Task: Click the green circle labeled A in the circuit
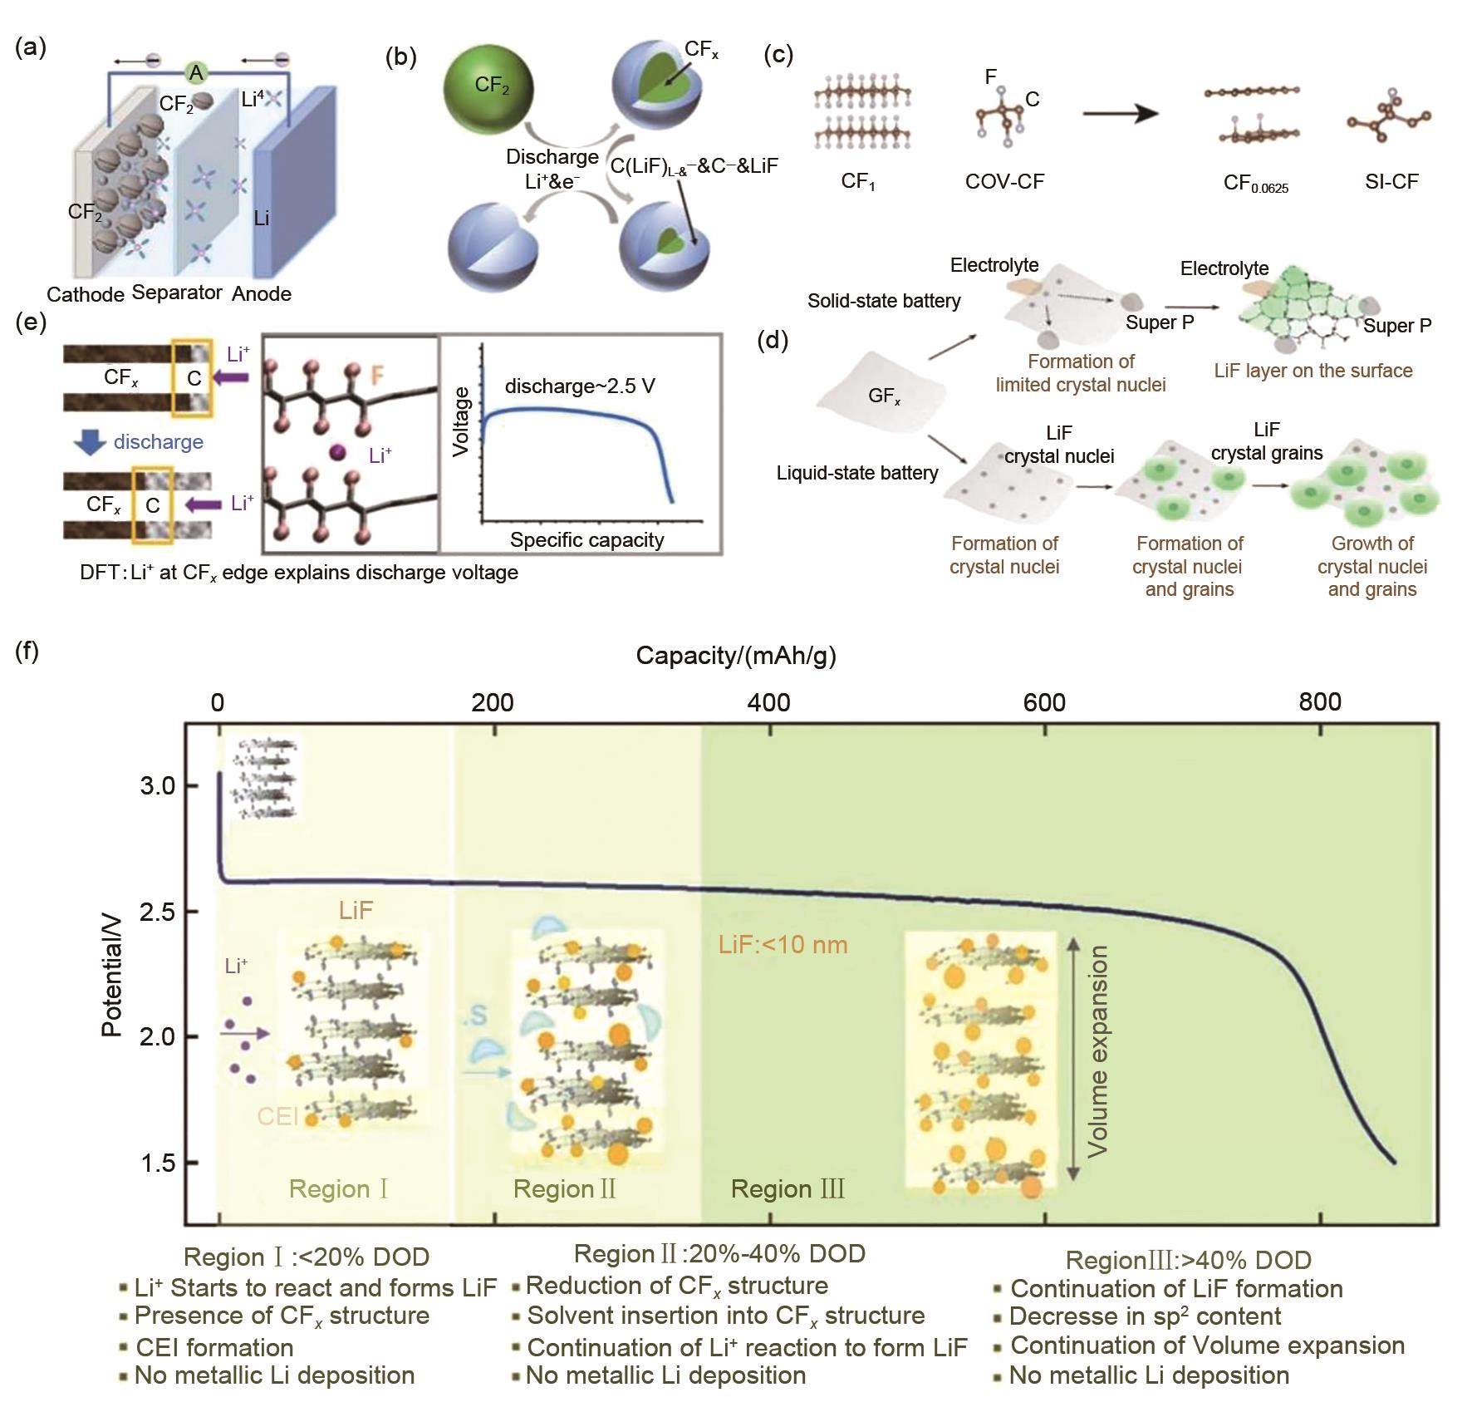coord(196,73)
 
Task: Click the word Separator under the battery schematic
coord(177,293)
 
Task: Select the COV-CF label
coord(1004,181)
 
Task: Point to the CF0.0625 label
coord(1256,183)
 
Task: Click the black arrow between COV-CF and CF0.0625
coord(1121,113)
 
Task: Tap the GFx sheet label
coord(885,396)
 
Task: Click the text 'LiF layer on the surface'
coord(1313,371)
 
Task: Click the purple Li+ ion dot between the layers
coord(337,452)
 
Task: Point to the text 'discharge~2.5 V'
coord(580,386)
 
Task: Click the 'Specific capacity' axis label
coord(587,540)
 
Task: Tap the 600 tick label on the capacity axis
coord(1044,703)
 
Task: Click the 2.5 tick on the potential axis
coord(158,913)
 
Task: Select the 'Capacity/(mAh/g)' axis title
coord(736,656)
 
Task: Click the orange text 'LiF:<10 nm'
coord(783,945)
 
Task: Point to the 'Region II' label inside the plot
coord(565,1189)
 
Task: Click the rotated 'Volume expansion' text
coord(1097,1051)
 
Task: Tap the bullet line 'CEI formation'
coord(214,1347)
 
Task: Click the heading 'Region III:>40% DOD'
coord(1189,1261)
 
